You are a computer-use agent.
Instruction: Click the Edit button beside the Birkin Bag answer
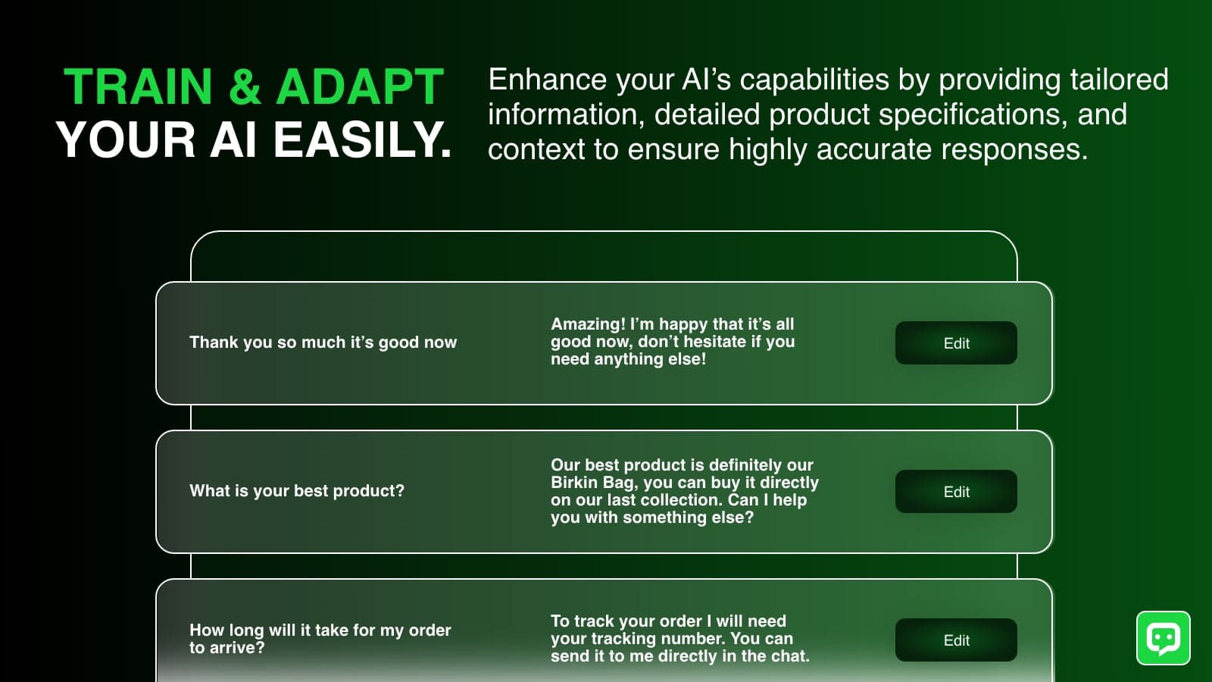click(956, 492)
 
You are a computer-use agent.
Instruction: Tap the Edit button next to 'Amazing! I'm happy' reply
click(956, 343)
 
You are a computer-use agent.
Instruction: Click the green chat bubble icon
click(1164, 638)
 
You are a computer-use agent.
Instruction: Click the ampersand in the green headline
click(245, 86)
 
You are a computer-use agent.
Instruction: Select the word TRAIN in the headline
click(138, 86)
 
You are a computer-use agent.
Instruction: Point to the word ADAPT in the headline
click(361, 86)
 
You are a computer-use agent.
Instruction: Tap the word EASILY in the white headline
click(363, 140)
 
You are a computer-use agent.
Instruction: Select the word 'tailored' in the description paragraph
click(1119, 80)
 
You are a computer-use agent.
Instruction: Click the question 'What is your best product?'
click(297, 491)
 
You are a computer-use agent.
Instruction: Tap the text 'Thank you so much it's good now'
click(323, 343)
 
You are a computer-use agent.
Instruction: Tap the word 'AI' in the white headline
click(233, 140)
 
